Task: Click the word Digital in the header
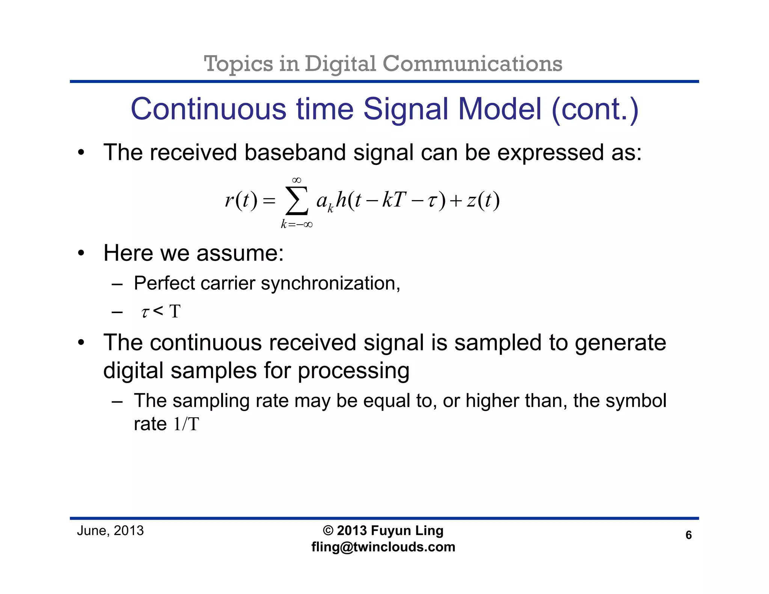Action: point(340,64)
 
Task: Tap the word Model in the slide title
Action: point(500,109)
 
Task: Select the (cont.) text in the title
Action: point(595,109)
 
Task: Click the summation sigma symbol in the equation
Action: point(297,201)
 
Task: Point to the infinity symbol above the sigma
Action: point(297,181)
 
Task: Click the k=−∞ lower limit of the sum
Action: point(297,225)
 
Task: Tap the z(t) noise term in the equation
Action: point(483,200)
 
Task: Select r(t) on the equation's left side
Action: point(241,200)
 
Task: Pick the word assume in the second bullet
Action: point(240,253)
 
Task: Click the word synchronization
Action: point(330,283)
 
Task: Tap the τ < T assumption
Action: point(161,311)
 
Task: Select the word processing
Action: point(353,371)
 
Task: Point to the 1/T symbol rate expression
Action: point(186,424)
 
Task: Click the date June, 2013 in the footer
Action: point(110,531)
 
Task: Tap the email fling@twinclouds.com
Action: point(383,547)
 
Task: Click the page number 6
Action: point(688,535)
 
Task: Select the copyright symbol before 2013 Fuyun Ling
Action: point(328,531)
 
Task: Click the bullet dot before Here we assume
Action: point(81,254)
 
